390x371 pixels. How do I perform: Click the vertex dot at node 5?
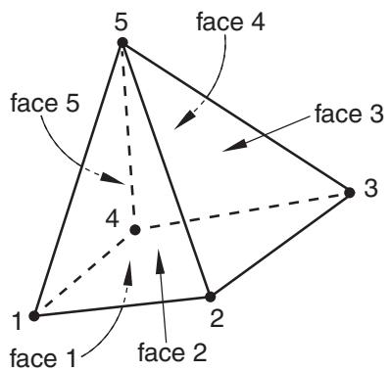point(122,43)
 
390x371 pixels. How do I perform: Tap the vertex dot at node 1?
point(34,316)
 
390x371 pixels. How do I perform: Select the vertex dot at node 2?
point(211,297)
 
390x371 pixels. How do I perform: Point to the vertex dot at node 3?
point(350,193)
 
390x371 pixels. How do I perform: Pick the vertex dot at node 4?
point(135,230)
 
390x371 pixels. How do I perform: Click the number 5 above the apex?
point(122,22)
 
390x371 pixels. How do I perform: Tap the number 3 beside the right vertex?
point(370,188)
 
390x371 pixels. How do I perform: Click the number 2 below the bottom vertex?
point(217,318)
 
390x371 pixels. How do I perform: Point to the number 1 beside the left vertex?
point(17,320)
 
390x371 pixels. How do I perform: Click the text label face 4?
point(230,23)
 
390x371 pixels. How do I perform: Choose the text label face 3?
point(349,114)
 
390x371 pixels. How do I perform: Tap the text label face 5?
point(45,103)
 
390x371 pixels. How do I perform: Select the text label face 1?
point(43,357)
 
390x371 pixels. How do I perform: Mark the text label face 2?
point(172,352)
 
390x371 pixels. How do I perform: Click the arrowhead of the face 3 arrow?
point(234,145)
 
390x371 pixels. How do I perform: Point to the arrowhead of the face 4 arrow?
point(184,120)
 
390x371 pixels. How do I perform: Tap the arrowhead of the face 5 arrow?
point(113,178)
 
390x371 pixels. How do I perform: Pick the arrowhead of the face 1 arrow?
point(129,271)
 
